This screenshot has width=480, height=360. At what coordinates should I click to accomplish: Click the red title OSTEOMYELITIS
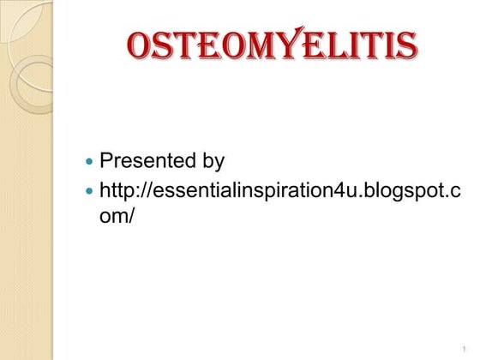click(272, 45)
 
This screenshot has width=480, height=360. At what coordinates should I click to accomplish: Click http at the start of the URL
click(116, 189)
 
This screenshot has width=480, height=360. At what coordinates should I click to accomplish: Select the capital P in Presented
click(107, 160)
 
